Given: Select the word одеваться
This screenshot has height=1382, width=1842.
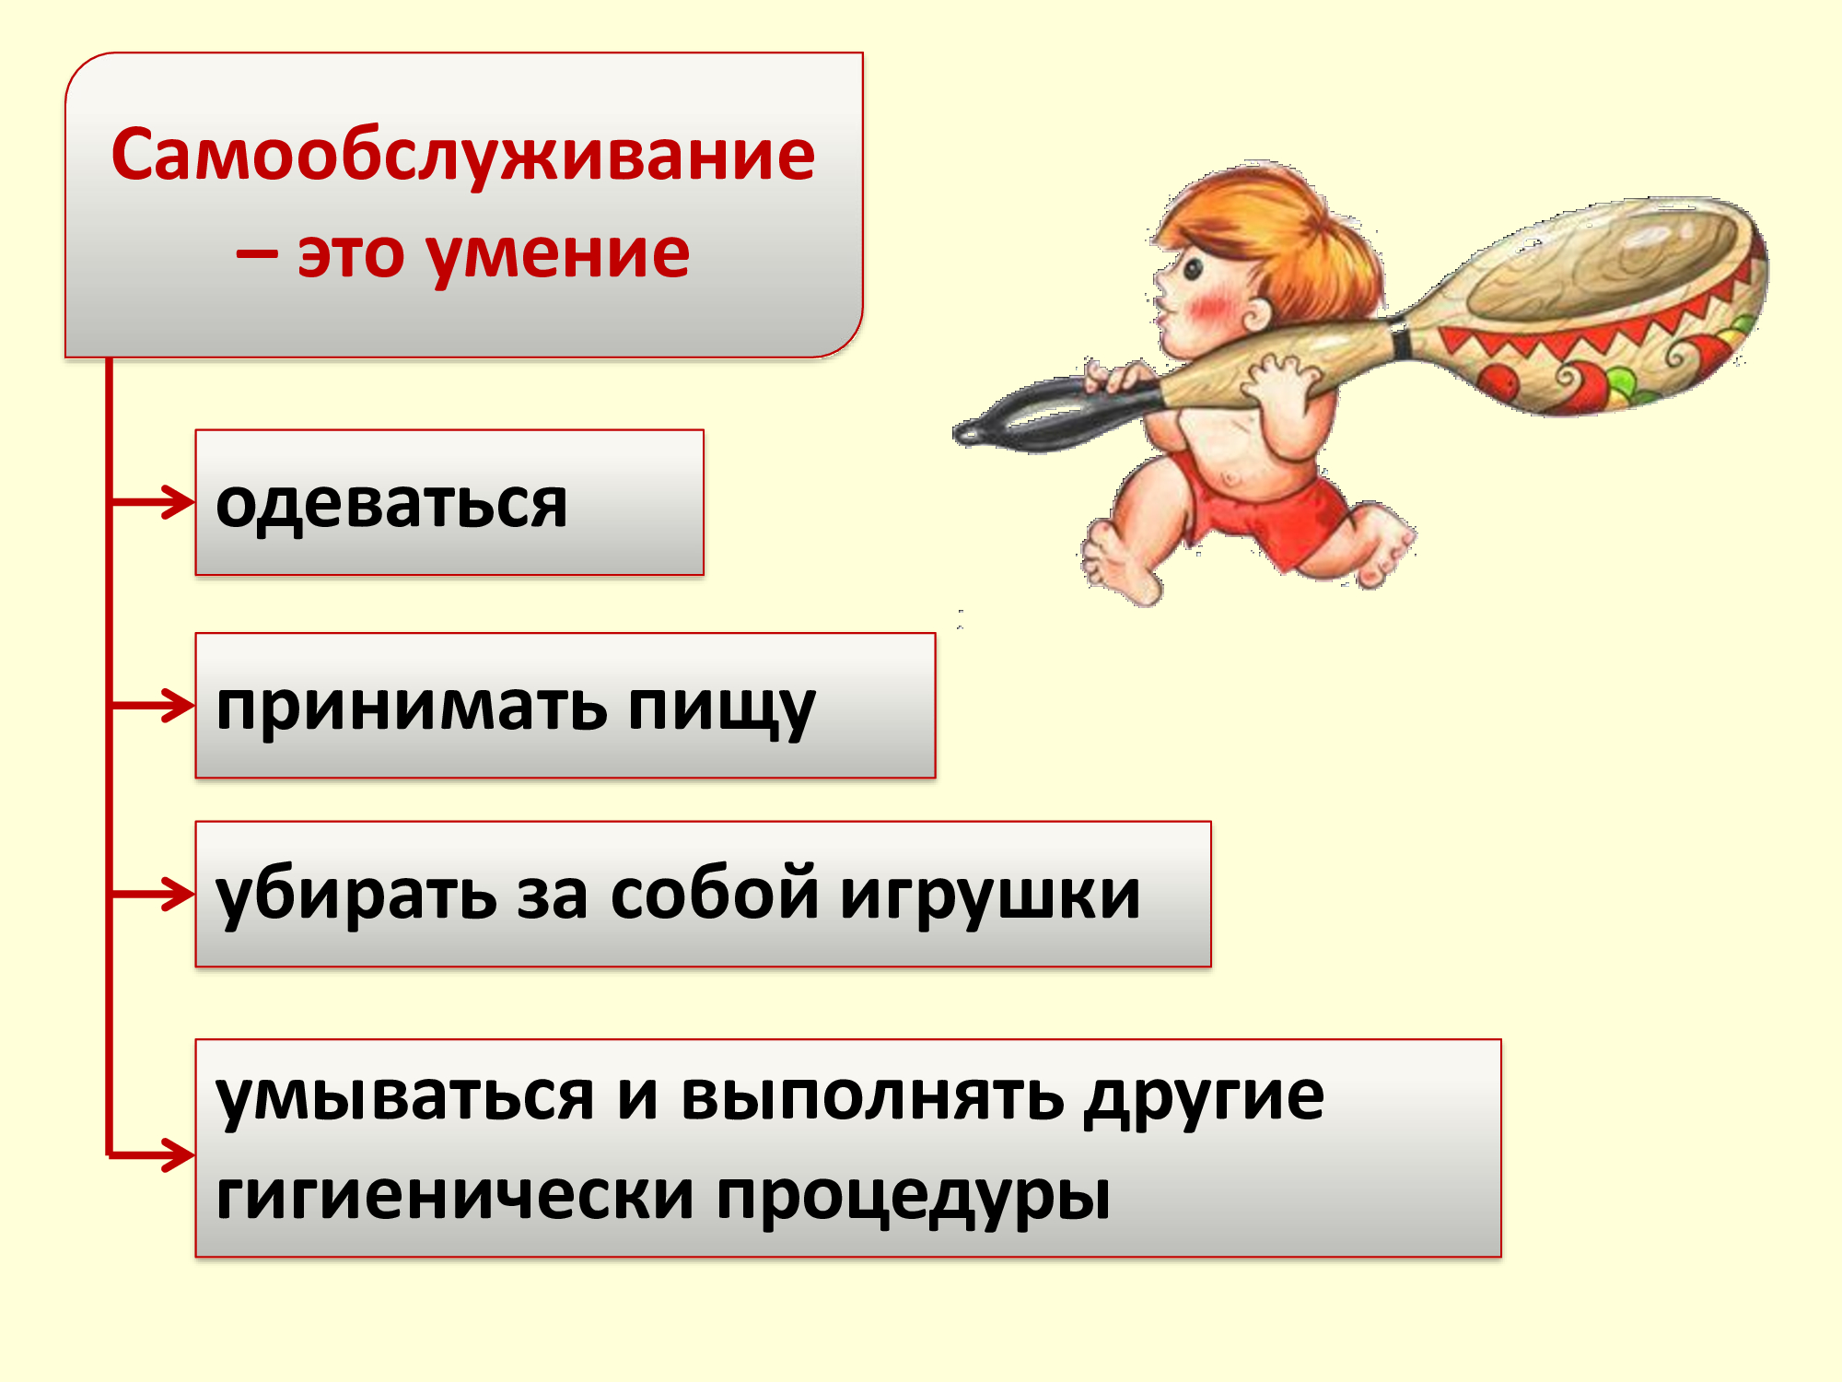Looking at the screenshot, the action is (391, 506).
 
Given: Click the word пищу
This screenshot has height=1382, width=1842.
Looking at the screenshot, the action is (721, 710).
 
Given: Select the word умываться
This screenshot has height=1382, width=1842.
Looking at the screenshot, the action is (405, 1099).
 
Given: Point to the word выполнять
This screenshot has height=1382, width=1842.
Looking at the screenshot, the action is (873, 1097).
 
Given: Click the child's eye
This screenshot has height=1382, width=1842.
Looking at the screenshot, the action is (1194, 269).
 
